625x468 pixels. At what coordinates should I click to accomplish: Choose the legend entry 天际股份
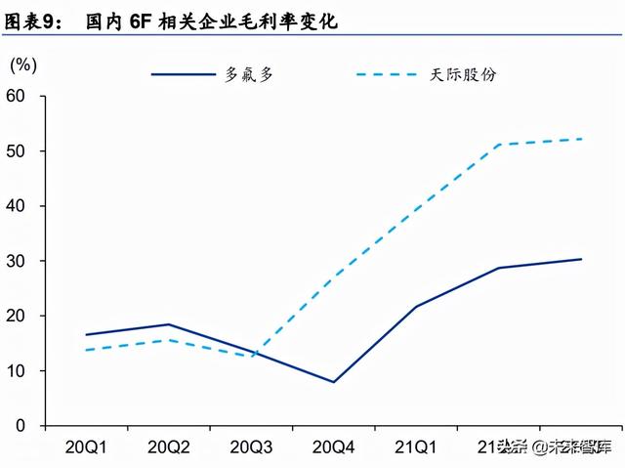coord(463,74)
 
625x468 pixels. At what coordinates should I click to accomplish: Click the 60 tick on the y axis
coord(17,96)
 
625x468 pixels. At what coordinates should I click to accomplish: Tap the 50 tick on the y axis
coord(17,151)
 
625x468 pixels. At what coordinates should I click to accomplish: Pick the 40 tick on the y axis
coord(17,206)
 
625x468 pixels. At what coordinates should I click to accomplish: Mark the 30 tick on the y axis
coord(17,262)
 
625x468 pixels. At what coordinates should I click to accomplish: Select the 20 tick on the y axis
coord(17,317)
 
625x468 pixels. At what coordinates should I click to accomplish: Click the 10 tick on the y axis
coord(17,371)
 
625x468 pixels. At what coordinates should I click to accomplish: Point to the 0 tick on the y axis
coord(21,427)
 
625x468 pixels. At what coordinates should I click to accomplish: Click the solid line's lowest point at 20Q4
coord(333,382)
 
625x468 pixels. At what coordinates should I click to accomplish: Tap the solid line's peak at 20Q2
coord(169,324)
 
